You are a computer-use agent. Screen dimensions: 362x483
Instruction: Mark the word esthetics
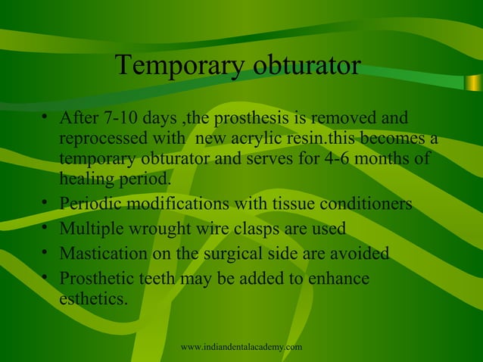tap(92, 299)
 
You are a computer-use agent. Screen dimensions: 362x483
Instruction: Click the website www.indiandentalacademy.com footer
tap(242, 347)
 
